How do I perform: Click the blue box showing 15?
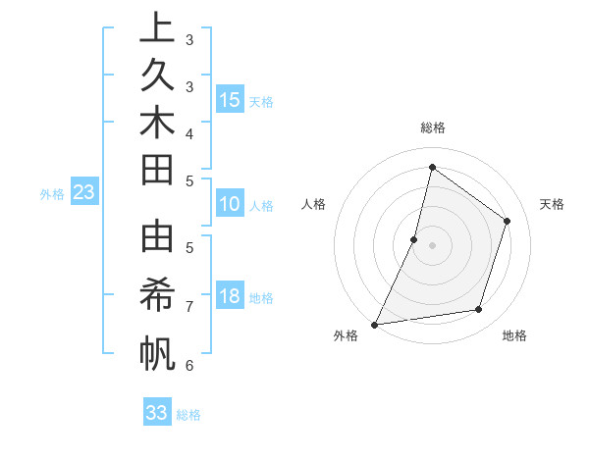pyautogui.click(x=230, y=100)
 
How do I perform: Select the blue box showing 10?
pyautogui.click(x=230, y=205)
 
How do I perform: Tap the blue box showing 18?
pyautogui.click(x=230, y=297)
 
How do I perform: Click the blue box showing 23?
pyautogui.click(x=84, y=192)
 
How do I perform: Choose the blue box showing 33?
pyautogui.click(x=157, y=413)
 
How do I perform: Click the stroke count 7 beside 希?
pyautogui.click(x=188, y=307)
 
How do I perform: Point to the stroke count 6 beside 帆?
pyautogui.click(x=188, y=366)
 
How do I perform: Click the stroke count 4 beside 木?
pyautogui.click(x=188, y=132)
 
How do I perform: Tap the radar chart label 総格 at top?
pyautogui.click(x=432, y=128)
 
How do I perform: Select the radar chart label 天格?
pyautogui.click(x=552, y=204)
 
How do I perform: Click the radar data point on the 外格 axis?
pyautogui.click(x=374, y=324)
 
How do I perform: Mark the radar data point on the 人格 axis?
pyautogui.click(x=414, y=239)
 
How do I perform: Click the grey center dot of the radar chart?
pyautogui.click(x=432, y=245)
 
